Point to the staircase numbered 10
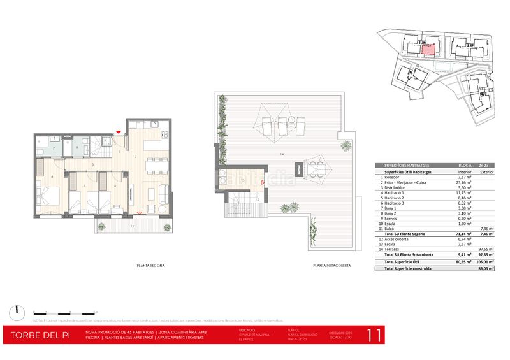(97, 148)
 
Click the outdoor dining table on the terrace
(315, 169)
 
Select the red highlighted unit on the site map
(429, 50)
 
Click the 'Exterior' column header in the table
(486, 171)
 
